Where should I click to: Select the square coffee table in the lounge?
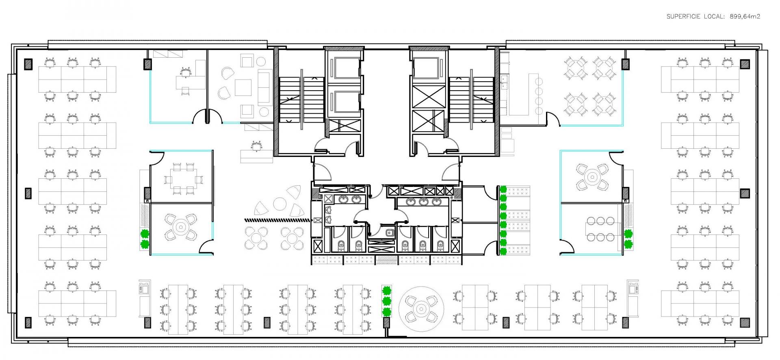[x=243, y=87]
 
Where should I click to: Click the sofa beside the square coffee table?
[x=265, y=86]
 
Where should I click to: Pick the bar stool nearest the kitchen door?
[x=539, y=110]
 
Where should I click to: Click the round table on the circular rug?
[x=421, y=308]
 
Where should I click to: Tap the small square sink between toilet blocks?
[x=389, y=233]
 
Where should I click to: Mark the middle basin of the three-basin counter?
[x=424, y=202]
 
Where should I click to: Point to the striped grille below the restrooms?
[x=386, y=260]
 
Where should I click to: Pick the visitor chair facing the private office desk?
[x=185, y=92]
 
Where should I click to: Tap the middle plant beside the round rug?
[x=386, y=301]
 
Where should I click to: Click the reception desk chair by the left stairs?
[x=256, y=145]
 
